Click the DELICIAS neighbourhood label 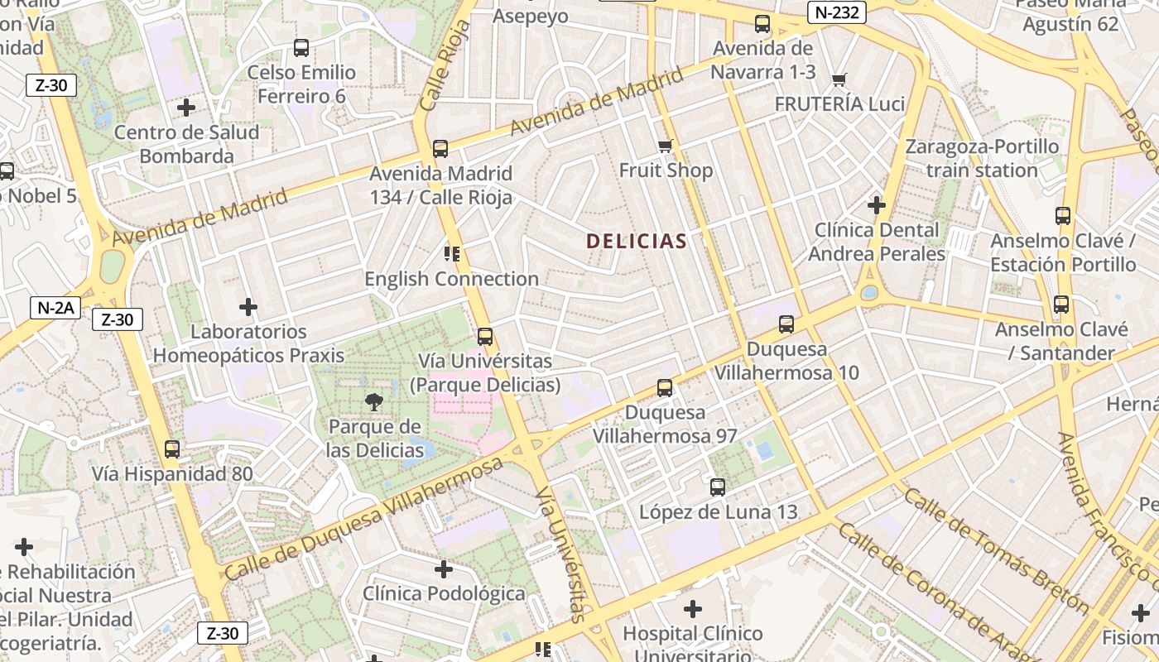(x=636, y=241)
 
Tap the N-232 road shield (x=836, y=12)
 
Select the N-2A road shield (x=55, y=308)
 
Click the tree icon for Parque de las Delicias (x=374, y=402)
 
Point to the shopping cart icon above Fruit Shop (x=665, y=146)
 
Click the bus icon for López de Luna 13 (x=718, y=487)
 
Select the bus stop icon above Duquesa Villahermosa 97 (x=665, y=387)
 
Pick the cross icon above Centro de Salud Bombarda (x=186, y=108)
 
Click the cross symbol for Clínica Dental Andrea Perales (x=877, y=204)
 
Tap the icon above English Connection (x=451, y=253)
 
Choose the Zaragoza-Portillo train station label (x=982, y=158)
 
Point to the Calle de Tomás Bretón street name (x=996, y=550)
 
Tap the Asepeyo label (x=531, y=16)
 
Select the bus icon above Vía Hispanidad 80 (x=172, y=449)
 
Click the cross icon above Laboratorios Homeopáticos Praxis (x=248, y=307)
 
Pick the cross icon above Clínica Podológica (x=444, y=569)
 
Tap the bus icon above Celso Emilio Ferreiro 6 (x=301, y=48)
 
